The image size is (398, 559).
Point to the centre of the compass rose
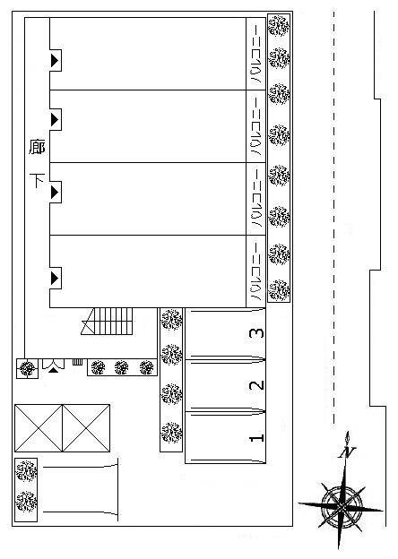tap(342, 506)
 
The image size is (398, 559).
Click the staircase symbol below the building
tap(107, 322)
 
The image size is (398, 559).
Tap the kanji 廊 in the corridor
tap(37, 147)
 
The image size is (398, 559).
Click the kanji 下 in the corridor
tap(37, 181)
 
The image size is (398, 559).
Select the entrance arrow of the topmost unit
tap(55, 60)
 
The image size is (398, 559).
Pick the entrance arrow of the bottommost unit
tap(55, 278)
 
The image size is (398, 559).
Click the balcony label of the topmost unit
tap(256, 54)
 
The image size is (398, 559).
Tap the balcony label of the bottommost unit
tap(256, 271)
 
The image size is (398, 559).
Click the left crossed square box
tap(39, 428)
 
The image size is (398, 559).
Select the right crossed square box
tap(86, 428)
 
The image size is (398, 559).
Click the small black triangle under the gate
tap(54, 370)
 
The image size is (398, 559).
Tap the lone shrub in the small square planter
tap(28, 368)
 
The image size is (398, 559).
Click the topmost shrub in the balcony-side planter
tap(279, 26)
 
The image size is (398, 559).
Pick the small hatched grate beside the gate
tap(77, 362)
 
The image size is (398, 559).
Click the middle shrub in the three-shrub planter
tap(122, 367)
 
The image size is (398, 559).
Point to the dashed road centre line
tap(334, 218)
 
